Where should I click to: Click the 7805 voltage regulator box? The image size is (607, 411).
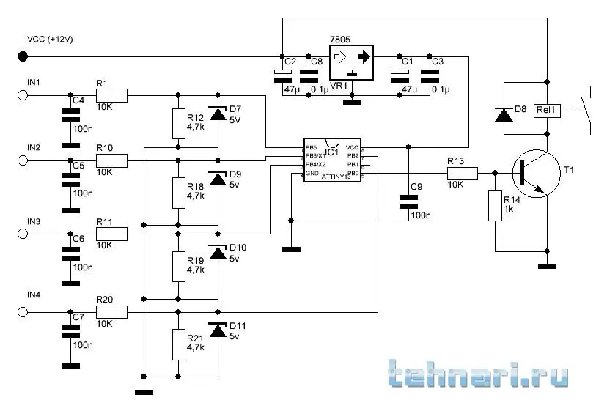click(x=352, y=62)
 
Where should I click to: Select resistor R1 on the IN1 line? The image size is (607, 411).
click(x=111, y=95)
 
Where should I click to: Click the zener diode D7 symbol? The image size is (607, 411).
click(x=217, y=114)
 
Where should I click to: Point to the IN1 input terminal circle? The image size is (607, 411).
click(x=23, y=95)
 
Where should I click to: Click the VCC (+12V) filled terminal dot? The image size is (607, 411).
click(x=23, y=56)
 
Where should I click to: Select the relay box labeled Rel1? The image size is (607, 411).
click(x=547, y=111)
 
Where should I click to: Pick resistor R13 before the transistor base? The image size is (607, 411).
click(x=463, y=174)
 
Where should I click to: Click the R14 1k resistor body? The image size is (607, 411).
click(x=495, y=206)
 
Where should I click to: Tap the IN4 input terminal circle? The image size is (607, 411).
click(x=23, y=313)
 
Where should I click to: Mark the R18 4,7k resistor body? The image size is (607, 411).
click(x=178, y=192)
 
